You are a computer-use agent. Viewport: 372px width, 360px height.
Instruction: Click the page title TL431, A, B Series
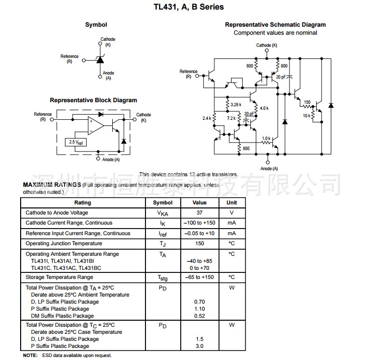click(x=189, y=7)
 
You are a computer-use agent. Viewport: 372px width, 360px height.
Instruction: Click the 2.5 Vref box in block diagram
click(x=77, y=141)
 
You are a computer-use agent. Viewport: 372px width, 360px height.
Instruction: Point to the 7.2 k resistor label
click(x=231, y=118)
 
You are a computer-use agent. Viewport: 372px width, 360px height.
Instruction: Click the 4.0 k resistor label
click(x=264, y=108)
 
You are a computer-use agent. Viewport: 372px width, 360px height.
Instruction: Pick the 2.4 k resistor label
click(x=206, y=118)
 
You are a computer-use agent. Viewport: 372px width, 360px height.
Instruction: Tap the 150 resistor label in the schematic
click(x=307, y=102)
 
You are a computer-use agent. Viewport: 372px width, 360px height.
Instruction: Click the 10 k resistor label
click(x=306, y=116)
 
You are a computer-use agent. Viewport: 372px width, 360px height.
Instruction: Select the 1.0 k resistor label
click(x=266, y=138)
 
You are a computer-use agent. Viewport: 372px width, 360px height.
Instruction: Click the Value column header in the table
click(x=200, y=202)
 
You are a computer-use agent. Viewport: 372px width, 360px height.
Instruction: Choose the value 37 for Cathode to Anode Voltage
click(x=200, y=213)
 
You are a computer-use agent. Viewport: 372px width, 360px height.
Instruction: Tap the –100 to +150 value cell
click(x=200, y=223)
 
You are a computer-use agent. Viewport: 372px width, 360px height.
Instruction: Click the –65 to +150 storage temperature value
click(x=200, y=277)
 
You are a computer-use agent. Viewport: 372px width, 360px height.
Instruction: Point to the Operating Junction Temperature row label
click(x=63, y=244)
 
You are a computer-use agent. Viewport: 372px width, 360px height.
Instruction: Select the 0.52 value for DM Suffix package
click(x=200, y=316)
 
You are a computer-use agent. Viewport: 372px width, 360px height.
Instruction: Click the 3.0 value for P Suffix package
click(x=200, y=346)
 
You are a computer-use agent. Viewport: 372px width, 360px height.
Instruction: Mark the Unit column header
click(x=232, y=202)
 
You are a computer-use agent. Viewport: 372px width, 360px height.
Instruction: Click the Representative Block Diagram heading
click(x=93, y=100)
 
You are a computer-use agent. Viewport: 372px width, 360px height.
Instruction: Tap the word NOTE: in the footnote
click(x=30, y=355)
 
